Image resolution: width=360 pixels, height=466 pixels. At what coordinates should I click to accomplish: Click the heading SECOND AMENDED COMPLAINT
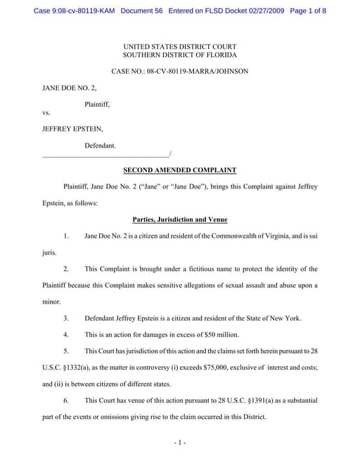click(x=179, y=170)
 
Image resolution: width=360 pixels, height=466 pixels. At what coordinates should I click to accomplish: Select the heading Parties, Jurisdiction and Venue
click(x=179, y=220)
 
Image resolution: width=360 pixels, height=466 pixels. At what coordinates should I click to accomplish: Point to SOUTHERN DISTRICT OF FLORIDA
click(x=180, y=55)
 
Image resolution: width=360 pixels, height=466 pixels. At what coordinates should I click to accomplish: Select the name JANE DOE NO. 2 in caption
click(x=70, y=89)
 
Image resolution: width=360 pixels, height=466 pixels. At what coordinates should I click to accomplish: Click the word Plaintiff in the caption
click(x=97, y=104)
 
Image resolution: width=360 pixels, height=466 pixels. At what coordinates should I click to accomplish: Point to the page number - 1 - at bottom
click(x=179, y=443)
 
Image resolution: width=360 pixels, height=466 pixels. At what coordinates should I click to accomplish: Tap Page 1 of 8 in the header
click(x=307, y=11)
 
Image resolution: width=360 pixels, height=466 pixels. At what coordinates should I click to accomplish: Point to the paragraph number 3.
click(x=66, y=318)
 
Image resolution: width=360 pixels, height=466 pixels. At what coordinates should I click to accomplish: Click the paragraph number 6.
click(x=66, y=401)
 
